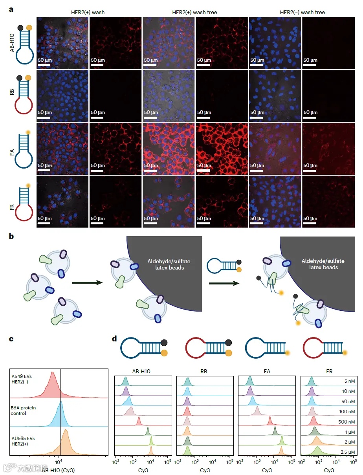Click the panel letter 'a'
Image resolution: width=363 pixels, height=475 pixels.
tap(11, 8)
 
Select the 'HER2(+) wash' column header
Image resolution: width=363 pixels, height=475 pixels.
tap(89, 12)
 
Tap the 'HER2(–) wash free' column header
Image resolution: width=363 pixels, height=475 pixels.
tap(302, 12)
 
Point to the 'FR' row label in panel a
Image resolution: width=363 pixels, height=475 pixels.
tap(12, 205)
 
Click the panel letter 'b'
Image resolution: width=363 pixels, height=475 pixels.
tap(12, 236)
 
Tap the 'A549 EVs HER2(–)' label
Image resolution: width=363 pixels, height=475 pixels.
tap(24, 378)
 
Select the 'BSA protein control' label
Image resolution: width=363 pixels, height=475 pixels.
tap(24, 411)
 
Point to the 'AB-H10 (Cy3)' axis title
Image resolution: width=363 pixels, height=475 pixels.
tap(58, 469)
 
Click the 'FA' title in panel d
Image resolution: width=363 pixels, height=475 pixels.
tap(266, 370)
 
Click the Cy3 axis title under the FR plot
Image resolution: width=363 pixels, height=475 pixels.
tap(329, 470)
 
